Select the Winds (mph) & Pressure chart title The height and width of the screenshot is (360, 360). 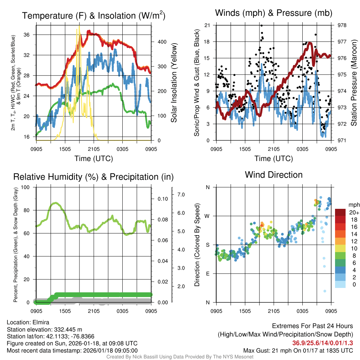[x=274, y=13]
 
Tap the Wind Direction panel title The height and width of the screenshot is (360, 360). [x=274, y=174]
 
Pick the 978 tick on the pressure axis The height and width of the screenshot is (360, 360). [x=342, y=25]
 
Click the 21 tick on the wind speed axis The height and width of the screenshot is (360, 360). [x=207, y=25]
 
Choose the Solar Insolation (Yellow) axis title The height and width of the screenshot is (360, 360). [x=174, y=83]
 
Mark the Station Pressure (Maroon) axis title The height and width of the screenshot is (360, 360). [x=354, y=83]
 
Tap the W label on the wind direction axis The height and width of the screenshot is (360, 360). [x=207, y=216]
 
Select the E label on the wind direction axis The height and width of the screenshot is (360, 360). [x=207, y=274]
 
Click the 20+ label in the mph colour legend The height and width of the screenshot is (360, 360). [x=354, y=213]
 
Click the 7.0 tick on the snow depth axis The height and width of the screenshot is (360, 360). [x=182, y=194]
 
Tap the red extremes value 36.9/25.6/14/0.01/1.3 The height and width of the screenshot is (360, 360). [x=322, y=343]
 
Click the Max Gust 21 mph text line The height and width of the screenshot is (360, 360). [x=298, y=351]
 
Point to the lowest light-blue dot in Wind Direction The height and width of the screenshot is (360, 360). [x=325, y=291]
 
